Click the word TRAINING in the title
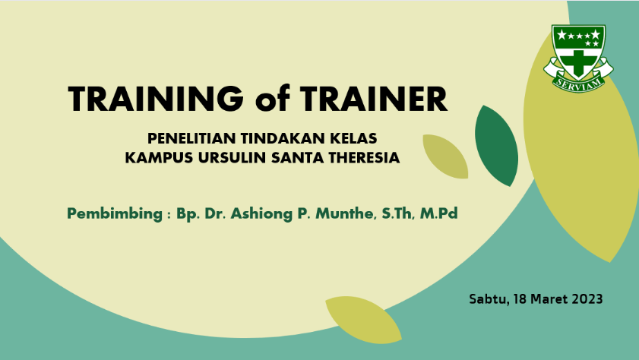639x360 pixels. tap(156, 99)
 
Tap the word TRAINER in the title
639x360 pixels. tap(374, 99)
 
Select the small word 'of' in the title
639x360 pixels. tap(273, 98)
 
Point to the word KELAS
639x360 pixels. tap(353, 138)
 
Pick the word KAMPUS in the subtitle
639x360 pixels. tap(159, 158)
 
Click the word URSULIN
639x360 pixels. tap(232, 158)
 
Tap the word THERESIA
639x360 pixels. tap(364, 158)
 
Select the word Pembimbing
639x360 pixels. tap(115, 214)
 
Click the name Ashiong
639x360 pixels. tap(261, 214)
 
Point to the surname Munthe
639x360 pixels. tap(346, 213)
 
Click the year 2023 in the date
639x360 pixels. tap(587, 299)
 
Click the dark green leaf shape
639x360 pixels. tap(496, 146)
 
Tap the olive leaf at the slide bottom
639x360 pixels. tap(363, 320)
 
